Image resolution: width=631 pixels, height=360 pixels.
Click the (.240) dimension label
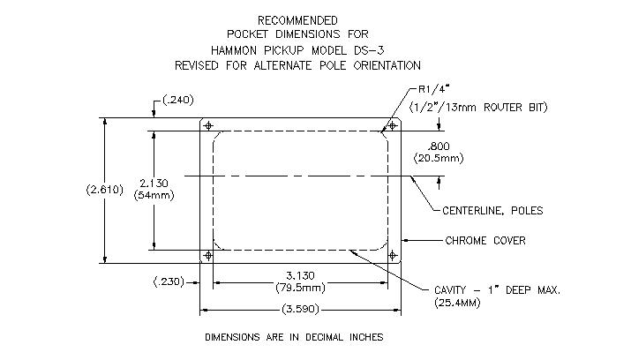tap(178, 100)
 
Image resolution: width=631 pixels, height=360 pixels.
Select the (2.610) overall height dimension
tap(105, 190)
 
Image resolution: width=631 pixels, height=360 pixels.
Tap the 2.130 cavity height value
tap(154, 184)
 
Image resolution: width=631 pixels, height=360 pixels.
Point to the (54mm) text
tap(154, 196)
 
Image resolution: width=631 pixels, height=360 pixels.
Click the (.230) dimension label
tap(169, 281)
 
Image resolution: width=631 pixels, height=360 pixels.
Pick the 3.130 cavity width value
tap(300, 276)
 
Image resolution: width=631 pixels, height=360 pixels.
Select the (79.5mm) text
tap(300, 288)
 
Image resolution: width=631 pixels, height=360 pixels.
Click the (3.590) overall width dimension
tap(300, 310)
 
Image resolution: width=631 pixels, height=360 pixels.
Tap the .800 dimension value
tap(439, 146)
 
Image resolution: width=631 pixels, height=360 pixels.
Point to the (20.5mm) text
tap(439, 158)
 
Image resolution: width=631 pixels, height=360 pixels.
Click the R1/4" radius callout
tap(434, 89)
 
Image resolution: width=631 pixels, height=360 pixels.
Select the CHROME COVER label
tap(485, 241)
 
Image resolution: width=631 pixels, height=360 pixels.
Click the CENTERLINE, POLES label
tap(492, 211)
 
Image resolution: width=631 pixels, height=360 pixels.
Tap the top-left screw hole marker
tap(208, 126)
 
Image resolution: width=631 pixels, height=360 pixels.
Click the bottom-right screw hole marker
tap(393, 255)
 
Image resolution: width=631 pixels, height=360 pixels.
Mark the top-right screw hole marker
tap(393, 126)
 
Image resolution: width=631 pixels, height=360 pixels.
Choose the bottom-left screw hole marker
tap(208, 255)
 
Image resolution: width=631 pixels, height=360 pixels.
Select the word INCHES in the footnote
tap(366, 337)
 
